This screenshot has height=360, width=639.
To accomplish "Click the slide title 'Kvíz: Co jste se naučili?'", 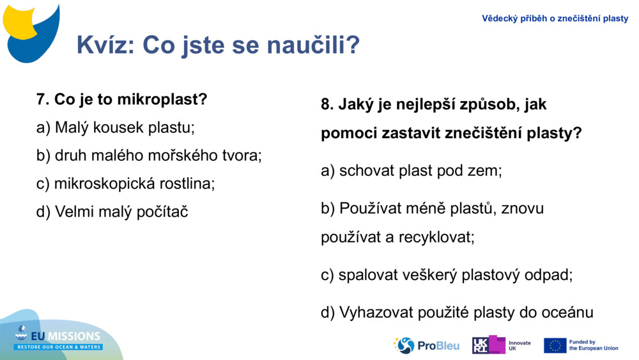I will [218, 45].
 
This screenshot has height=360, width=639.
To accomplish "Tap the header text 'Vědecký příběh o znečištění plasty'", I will [555, 19].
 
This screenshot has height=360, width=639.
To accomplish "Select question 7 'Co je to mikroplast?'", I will [122, 100].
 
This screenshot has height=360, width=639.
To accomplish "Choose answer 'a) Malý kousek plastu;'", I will [115, 127].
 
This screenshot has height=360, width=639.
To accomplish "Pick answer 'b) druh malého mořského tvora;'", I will [149, 155].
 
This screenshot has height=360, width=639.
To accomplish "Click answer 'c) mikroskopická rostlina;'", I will [125, 184].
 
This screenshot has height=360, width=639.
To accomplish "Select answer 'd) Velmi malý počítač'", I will [112, 212].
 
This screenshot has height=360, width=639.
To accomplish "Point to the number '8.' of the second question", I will [327, 104].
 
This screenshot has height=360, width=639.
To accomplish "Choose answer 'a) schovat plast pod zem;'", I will [411, 171].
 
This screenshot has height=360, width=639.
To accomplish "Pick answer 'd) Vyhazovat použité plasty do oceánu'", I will [457, 312].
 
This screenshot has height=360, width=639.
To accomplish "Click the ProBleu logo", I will [427, 345].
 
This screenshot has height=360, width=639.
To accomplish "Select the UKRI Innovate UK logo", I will [501, 345].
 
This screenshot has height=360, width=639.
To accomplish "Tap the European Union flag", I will [555, 345].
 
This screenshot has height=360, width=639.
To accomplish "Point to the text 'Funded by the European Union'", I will [593, 345].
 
